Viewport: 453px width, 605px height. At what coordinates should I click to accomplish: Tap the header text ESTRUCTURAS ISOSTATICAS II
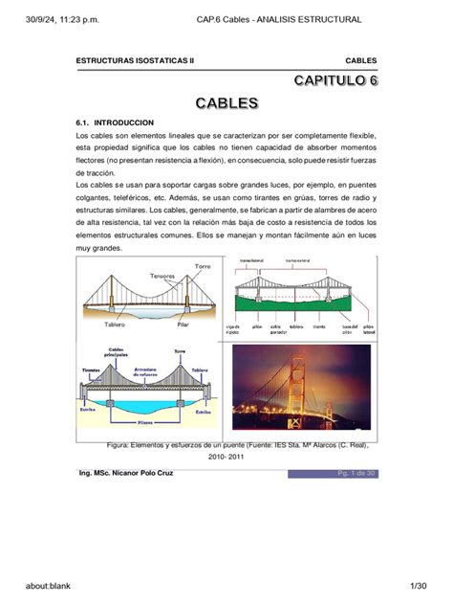pos(135,60)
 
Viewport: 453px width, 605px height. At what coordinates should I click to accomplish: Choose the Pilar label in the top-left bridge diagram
pos(183,325)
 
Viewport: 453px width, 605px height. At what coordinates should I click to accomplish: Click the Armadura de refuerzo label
pos(145,371)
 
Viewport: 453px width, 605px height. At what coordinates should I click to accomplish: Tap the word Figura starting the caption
pos(125,445)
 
